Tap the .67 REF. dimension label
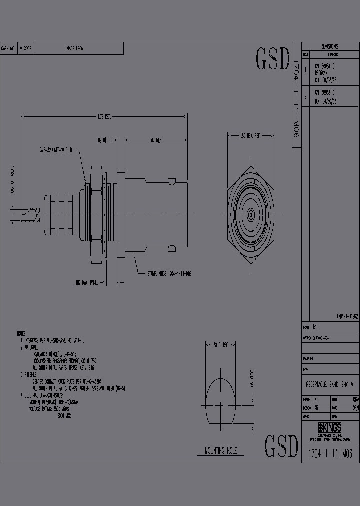pos(155,141)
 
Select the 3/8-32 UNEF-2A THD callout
pos(59,149)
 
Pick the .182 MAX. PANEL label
pos(86,283)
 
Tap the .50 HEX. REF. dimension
pos(251,135)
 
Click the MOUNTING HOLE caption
pos(220,451)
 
